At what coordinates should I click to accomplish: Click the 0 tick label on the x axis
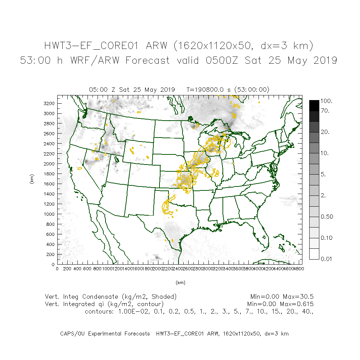(58, 269)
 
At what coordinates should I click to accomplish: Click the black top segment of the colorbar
(314, 105)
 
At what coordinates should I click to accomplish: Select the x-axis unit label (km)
(180, 283)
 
